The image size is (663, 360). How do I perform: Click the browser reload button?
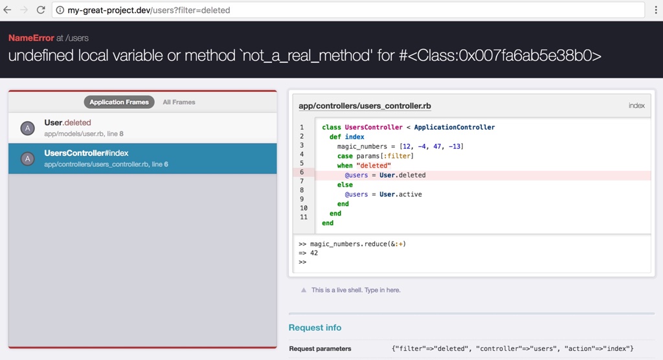[41, 10]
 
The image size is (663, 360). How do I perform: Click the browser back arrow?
[7, 10]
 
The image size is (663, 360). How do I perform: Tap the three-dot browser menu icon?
[656, 10]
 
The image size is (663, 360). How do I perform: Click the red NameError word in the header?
[31, 38]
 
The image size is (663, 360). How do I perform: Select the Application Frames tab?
[119, 102]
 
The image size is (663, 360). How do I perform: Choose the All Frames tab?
[179, 102]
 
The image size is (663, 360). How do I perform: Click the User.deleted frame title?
[67, 122]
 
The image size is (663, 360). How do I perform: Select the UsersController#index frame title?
[86, 153]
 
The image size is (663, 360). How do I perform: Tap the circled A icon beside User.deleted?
[27, 128]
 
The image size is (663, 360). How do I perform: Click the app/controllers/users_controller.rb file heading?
[365, 106]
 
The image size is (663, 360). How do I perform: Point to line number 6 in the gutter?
[302, 172]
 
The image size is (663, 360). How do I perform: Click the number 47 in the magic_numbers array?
[437, 146]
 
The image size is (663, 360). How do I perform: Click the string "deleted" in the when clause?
[374, 165]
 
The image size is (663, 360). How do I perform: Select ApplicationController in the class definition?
[455, 128]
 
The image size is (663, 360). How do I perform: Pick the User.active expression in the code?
[400, 195]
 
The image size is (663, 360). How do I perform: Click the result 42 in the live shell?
[314, 253]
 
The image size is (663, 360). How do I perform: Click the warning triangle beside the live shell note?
[303, 290]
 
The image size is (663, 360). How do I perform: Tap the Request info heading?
[315, 328]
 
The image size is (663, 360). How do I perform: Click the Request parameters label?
[320, 349]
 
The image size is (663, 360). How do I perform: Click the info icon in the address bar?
[60, 10]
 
